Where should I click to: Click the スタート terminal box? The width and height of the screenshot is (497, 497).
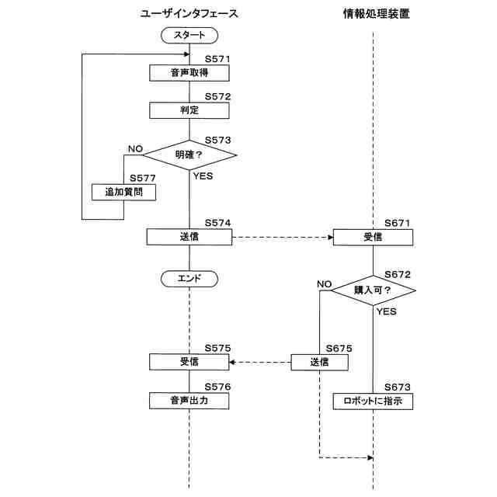click(189, 35)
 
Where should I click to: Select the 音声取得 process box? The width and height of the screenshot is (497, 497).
click(189, 73)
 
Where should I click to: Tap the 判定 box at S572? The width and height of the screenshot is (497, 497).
click(189, 110)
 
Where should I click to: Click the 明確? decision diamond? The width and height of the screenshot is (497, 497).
click(189, 155)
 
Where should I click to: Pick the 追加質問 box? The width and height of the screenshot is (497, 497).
click(124, 192)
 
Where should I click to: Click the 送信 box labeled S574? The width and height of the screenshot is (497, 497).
click(189, 237)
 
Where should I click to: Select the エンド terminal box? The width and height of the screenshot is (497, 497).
click(189, 278)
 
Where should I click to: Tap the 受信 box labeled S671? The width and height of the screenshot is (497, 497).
click(373, 237)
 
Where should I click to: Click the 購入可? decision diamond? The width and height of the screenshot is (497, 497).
click(373, 290)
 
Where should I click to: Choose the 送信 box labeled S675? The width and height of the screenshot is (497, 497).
click(319, 362)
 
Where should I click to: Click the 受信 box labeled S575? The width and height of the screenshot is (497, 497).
click(189, 362)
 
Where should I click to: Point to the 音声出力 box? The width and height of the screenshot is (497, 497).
click(189, 401)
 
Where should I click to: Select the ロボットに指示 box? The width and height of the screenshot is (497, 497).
click(373, 401)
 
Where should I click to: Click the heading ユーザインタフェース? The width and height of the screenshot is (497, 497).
click(189, 14)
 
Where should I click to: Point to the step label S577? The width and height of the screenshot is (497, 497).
click(143, 178)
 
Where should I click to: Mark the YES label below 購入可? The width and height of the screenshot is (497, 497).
click(386, 311)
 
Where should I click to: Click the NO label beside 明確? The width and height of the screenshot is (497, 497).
click(135, 148)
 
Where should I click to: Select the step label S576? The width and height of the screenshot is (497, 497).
click(217, 387)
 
